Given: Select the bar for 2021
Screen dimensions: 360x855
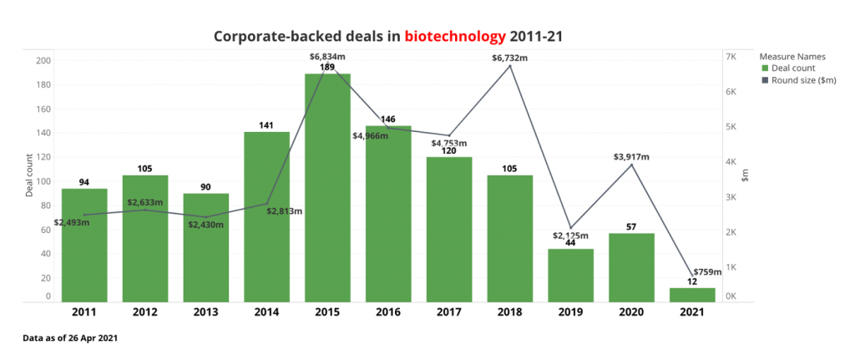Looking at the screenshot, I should (x=692, y=294).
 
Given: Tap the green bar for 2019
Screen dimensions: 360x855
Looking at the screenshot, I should (x=571, y=275).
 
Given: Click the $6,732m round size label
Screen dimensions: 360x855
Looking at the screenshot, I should (x=510, y=58).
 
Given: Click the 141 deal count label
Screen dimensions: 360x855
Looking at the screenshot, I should (x=266, y=125).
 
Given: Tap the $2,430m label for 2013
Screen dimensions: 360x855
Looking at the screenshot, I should (x=205, y=225).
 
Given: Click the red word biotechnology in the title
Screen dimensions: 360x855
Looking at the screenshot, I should (x=455, y=37).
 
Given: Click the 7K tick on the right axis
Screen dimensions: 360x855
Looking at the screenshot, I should (x=731, y=57).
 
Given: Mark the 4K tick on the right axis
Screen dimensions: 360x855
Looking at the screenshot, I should (x=731, y=162).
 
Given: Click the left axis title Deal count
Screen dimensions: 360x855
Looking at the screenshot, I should (x=29, y=175).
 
